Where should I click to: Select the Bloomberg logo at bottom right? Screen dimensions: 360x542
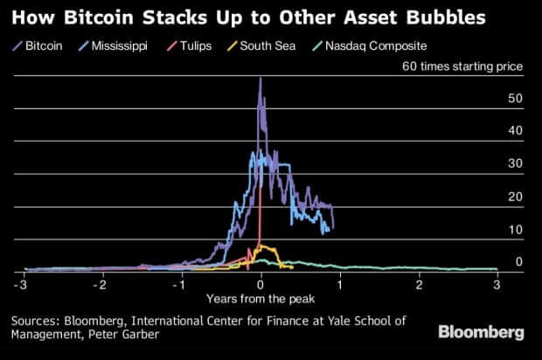point(484,332)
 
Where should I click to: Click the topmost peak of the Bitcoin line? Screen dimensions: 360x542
point(261,78)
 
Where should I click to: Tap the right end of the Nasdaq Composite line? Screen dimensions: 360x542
point(497,269)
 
